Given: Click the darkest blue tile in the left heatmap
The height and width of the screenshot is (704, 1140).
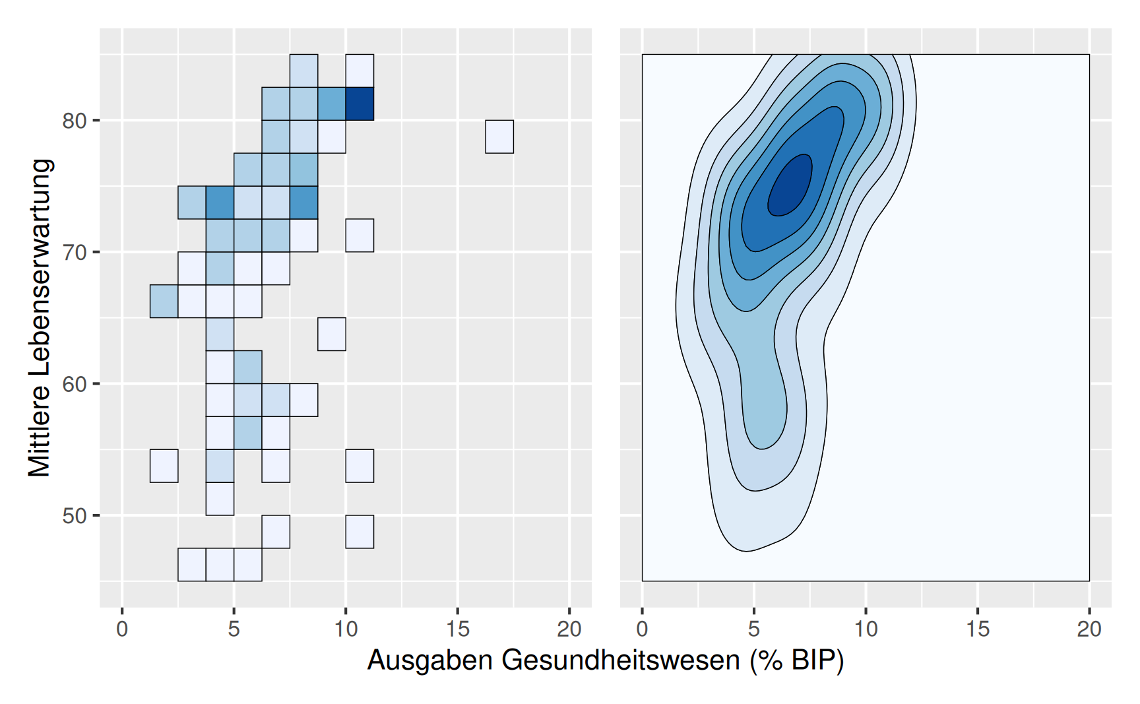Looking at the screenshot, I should pyautogui.click(x=360, y=104).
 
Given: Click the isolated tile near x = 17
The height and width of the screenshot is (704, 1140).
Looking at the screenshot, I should pyautogui.click(x=499, y=137).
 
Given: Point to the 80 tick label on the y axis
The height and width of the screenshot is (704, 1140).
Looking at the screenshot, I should pyautogui.click(x=75, y=121).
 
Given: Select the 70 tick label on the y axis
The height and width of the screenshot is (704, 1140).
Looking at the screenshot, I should pyautogui.click(x=75, y=252).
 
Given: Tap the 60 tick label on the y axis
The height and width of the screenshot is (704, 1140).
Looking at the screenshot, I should pyautogui.click(x=75, y=384).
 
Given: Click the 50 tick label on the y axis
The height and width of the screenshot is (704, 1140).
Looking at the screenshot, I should pyautogui.click(x=75, y=515).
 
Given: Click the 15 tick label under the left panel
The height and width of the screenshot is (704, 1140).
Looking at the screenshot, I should pyautogui.click(x=457, y=629).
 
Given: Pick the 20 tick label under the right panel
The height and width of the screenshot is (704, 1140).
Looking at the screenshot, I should pyautogui.click(x=1089, y=629).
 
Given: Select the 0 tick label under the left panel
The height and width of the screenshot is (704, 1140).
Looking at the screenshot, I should pyautogui.click(x=122, y=629).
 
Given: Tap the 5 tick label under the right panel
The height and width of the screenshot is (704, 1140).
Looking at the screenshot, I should pyautogui.click(x=754, y=629).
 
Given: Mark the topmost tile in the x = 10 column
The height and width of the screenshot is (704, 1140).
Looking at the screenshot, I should pyautogui.click(x=360, y=71).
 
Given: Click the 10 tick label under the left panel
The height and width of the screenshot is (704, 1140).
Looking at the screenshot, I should pyautogui.click(x=346, y=629).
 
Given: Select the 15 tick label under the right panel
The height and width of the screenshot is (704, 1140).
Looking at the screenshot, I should pyautogui.click(x=978, y=629).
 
